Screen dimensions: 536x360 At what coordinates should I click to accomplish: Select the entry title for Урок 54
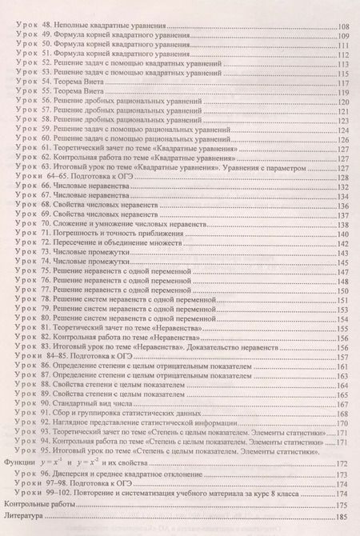pyautogui.click(x=78, y=81)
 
